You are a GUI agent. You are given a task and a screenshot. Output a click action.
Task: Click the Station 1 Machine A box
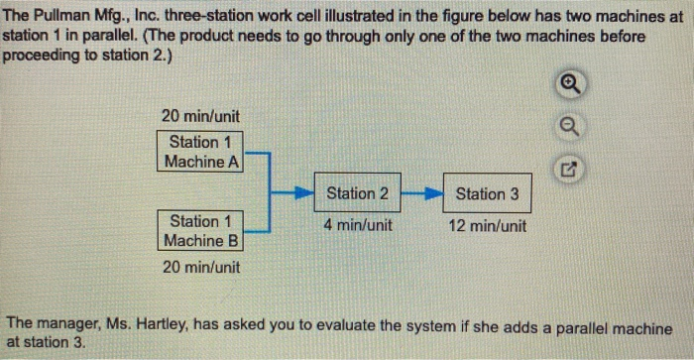coord(201,152)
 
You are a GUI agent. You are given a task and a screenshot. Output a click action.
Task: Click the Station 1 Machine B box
coord(201,231)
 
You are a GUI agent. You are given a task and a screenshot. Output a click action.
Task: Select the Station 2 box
coord(358,193)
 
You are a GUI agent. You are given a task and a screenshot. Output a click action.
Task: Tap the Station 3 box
coord(487,193)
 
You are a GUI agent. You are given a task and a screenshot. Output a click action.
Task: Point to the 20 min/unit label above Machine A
coord(199,115)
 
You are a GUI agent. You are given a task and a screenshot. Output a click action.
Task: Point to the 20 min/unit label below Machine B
coord(201,267)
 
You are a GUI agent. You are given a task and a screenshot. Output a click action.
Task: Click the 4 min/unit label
coord(358,225)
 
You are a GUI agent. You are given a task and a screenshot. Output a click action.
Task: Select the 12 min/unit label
coord(487,225)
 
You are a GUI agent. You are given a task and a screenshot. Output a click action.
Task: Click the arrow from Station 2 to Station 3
coord(422,193)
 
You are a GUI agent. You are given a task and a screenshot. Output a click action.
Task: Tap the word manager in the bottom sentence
coord(67,325)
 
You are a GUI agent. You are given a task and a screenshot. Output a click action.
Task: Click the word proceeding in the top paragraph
coord(43,54)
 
